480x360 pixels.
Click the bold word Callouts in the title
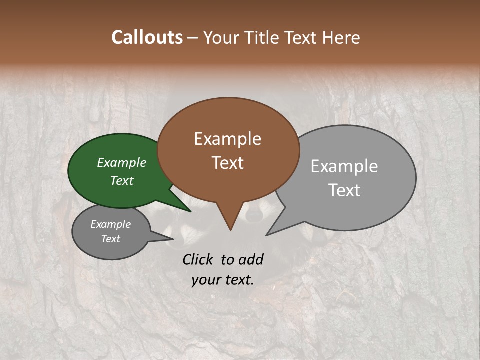pos(147,37)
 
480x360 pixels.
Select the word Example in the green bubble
pos(121,162)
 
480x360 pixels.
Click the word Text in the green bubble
pos(121,180)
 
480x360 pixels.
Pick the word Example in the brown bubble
pos(227,139)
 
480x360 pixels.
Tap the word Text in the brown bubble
pos(227,163)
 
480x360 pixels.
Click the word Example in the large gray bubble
pos(344,166)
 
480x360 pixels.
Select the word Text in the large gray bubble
pos(344,190)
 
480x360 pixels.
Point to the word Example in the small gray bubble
pos(110,224)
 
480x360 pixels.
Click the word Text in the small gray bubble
pos(110,239)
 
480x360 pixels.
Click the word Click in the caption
pos(199,259)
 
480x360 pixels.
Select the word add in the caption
pos(250,259)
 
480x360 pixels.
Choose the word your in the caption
pos(205,280)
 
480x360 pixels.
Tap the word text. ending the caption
pos(238,280)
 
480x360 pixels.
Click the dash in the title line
pos(193,38)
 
